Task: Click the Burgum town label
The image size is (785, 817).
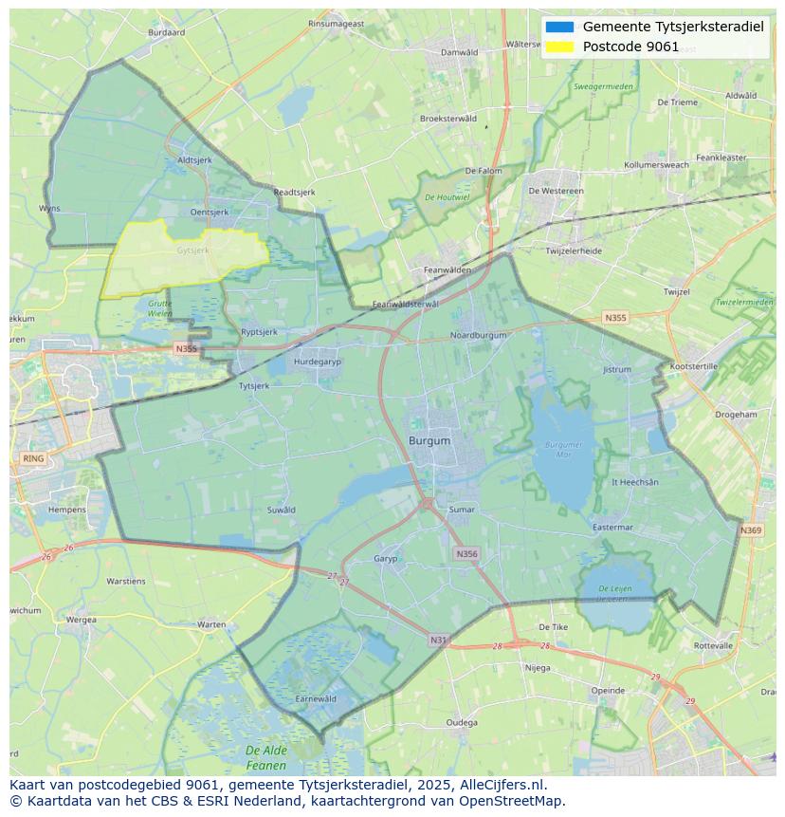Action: [429, 441]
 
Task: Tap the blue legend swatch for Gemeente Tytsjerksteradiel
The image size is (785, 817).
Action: [559, 27]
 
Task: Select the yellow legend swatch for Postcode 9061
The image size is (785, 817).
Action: [559, 46]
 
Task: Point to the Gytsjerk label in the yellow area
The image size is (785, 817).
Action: [192, 251]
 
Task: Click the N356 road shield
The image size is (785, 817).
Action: [466, 553]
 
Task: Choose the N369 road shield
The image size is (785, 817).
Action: [751, 530]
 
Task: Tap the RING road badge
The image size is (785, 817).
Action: [32, 458]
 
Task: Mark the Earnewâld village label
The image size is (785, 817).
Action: [316, 698]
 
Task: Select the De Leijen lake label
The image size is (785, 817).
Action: [614, 594]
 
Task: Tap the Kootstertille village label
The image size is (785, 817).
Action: [694, 366]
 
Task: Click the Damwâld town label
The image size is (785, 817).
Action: [459, 52]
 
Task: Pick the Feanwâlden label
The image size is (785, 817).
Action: [447, 269]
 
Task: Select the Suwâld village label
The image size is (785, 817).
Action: [282, 510]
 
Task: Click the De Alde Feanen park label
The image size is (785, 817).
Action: [266, 757]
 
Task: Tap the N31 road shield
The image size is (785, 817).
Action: [438, 641]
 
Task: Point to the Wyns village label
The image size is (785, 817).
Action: [49, 208]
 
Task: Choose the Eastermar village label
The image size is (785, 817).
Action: [612, 527]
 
